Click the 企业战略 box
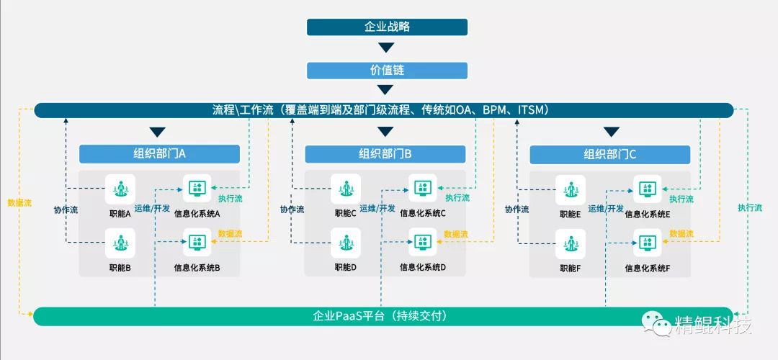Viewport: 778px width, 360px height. (x=387, y=27)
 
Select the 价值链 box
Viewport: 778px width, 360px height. (x=387, y=71)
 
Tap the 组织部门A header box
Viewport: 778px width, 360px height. (x=159, y=154)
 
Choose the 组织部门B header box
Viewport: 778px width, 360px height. (x=385, y=154)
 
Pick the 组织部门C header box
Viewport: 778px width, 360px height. (x=609, y=154)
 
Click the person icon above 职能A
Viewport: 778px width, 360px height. (x=120, y=189)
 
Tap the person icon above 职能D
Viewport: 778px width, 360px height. (x=346, y=243)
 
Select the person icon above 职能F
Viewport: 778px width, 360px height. (x=571, y=243)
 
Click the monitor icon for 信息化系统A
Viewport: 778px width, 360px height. (x=197, y=189)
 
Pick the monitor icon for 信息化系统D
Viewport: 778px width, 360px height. (x=423, y=243)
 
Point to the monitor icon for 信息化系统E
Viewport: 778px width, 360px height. (x=648, y=189)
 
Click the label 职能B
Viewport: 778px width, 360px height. (x=120, y=268)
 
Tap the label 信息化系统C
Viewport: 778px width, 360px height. (x=423, y=213)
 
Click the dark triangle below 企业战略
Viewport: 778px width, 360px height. (x=387, y=48)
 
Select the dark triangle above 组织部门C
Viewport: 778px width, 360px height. (x=612, y=132)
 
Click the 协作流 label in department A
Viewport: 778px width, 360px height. (x=66, y=210)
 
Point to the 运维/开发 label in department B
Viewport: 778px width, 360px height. (x=378, y=209)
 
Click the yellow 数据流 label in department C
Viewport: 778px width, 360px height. (x=681, y=233)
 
